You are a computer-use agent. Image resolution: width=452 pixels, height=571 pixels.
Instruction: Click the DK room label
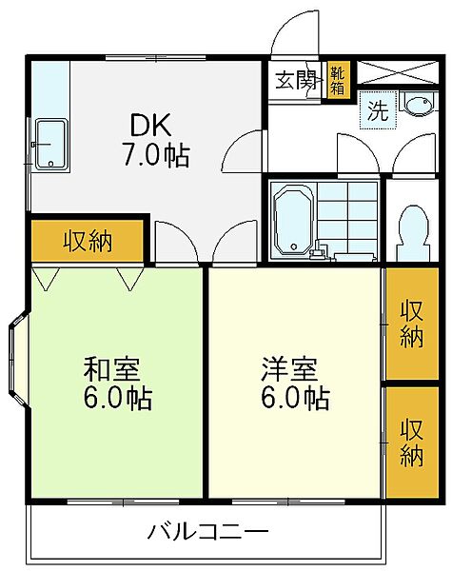click(149, 125)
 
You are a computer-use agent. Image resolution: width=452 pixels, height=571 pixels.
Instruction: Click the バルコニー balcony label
click(207, 531)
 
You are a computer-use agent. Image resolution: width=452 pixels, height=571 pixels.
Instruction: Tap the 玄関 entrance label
click(297, 79)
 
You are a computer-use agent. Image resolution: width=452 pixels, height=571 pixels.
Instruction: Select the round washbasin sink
click(416, 105)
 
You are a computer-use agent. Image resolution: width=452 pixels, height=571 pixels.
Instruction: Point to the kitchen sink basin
click(49, 146)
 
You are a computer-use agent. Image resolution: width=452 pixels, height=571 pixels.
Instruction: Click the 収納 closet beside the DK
click(88, 242)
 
